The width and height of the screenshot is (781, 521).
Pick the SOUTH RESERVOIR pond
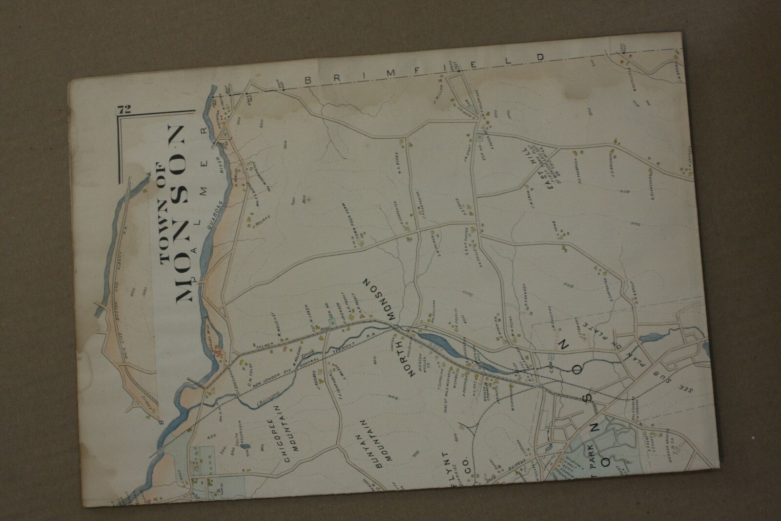pyautogui.click(x=246, y=446)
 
